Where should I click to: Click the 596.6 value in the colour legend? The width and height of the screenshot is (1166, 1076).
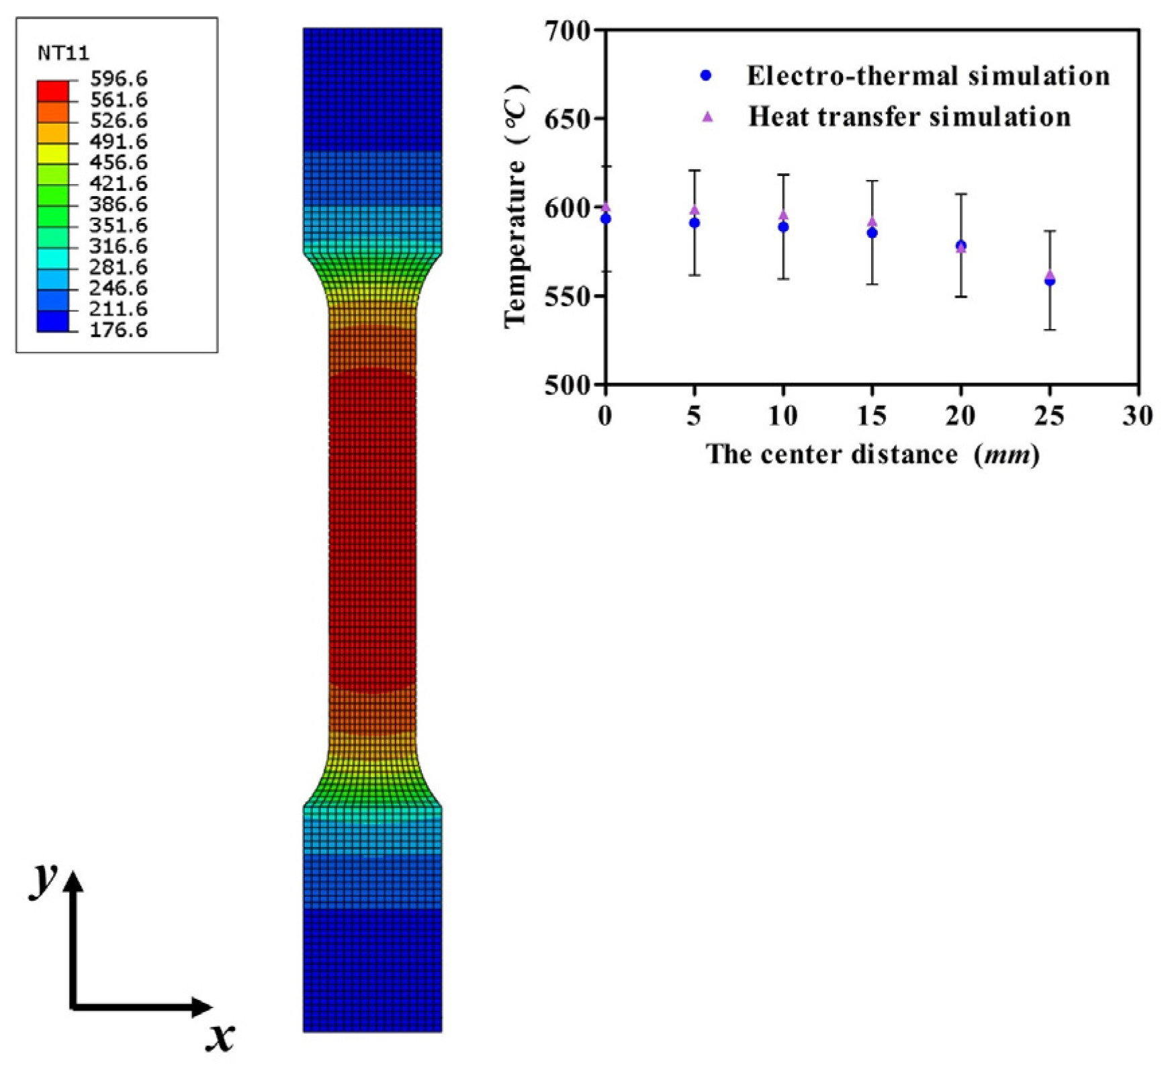[118, 79]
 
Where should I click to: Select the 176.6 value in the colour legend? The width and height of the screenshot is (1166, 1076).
[118, 330]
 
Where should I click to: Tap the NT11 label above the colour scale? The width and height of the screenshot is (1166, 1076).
[63, 53]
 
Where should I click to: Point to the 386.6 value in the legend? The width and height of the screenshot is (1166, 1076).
[118, 204]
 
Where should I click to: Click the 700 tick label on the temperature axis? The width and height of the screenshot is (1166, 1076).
[568, 30]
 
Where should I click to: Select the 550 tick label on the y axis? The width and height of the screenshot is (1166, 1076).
[568, 296]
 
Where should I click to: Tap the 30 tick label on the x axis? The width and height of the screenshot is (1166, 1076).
[1138, 416]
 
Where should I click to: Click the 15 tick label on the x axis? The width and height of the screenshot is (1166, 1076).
[872, 416]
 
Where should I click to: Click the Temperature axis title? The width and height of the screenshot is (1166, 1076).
[517, 208]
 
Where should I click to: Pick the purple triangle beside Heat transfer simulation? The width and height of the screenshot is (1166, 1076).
[707, 117]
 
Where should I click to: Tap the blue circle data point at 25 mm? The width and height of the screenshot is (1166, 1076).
[1050, 281]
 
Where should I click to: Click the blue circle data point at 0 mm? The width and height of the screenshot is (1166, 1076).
[606, 219]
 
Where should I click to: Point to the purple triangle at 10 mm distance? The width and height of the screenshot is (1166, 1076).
[783, 216]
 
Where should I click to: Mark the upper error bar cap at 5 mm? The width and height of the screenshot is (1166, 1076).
[694, 171]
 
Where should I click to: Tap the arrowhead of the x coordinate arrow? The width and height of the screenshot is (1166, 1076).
[201, 1007]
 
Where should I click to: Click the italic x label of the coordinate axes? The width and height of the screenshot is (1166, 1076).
[220, 1038]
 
